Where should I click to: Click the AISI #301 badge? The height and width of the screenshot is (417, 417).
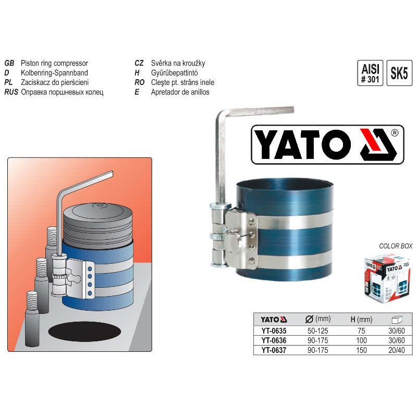[370, 73]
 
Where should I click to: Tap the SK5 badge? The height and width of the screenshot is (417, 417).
[399, 73]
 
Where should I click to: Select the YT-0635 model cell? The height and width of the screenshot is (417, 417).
[274, 330]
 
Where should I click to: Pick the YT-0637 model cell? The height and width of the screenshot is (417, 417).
[274, 350]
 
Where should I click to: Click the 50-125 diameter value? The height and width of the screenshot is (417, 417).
[318, 330]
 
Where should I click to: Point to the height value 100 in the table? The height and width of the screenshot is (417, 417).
[361, 340]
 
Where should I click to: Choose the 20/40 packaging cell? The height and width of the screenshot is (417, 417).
[397, 350]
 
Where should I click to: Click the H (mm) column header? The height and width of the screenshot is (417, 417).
[361, 319]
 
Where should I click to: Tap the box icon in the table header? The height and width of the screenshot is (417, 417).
[397, 319]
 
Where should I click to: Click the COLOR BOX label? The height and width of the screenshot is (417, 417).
[396, 246]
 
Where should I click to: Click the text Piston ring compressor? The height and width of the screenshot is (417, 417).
[54, 63]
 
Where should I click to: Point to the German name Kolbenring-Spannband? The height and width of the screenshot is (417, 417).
[54, 73]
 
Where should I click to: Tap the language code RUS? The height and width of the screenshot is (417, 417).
[11, 92]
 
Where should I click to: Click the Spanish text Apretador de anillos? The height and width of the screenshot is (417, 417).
[180, 92]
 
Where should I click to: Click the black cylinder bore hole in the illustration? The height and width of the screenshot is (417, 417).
[84, 332]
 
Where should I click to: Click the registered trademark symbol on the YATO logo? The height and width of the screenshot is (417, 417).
[395, 133]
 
